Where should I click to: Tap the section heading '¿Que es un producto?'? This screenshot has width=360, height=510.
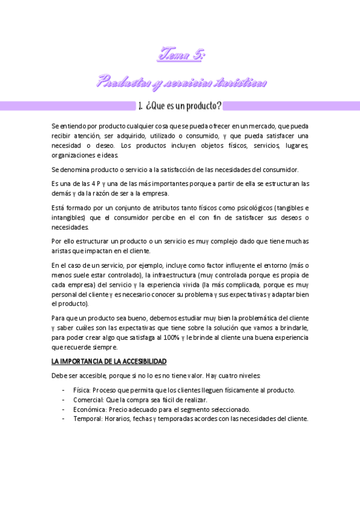[180, 106]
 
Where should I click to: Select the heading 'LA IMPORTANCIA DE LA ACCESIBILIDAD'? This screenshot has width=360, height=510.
[109, 361]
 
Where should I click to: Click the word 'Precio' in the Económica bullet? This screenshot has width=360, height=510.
[118, 410]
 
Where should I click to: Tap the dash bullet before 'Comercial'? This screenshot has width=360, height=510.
[64, 400]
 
